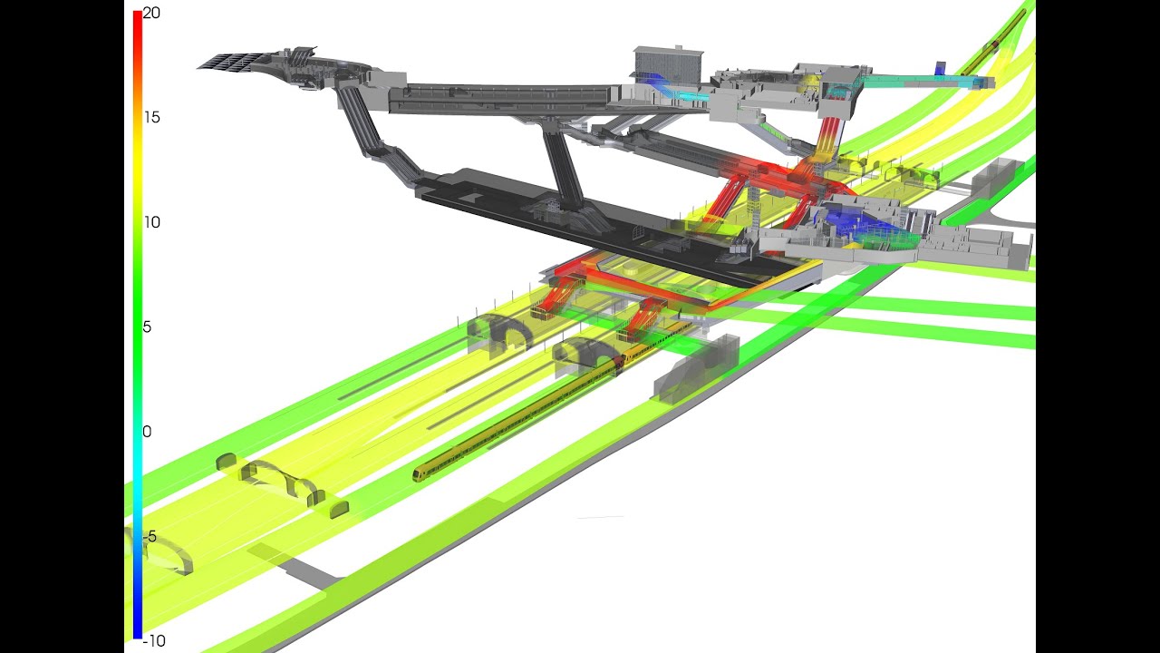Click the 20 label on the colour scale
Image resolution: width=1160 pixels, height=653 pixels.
point(151,14)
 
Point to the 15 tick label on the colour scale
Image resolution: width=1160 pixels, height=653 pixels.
point(151,118)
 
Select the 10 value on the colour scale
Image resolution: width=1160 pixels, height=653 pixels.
point(151,222)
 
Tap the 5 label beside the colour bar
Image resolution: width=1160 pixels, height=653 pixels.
point(147,327)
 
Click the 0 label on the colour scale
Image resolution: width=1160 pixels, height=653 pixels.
point(147,432)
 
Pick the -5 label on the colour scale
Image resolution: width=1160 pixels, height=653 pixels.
point(150,536)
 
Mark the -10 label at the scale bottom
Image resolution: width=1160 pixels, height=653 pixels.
point(154,641)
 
